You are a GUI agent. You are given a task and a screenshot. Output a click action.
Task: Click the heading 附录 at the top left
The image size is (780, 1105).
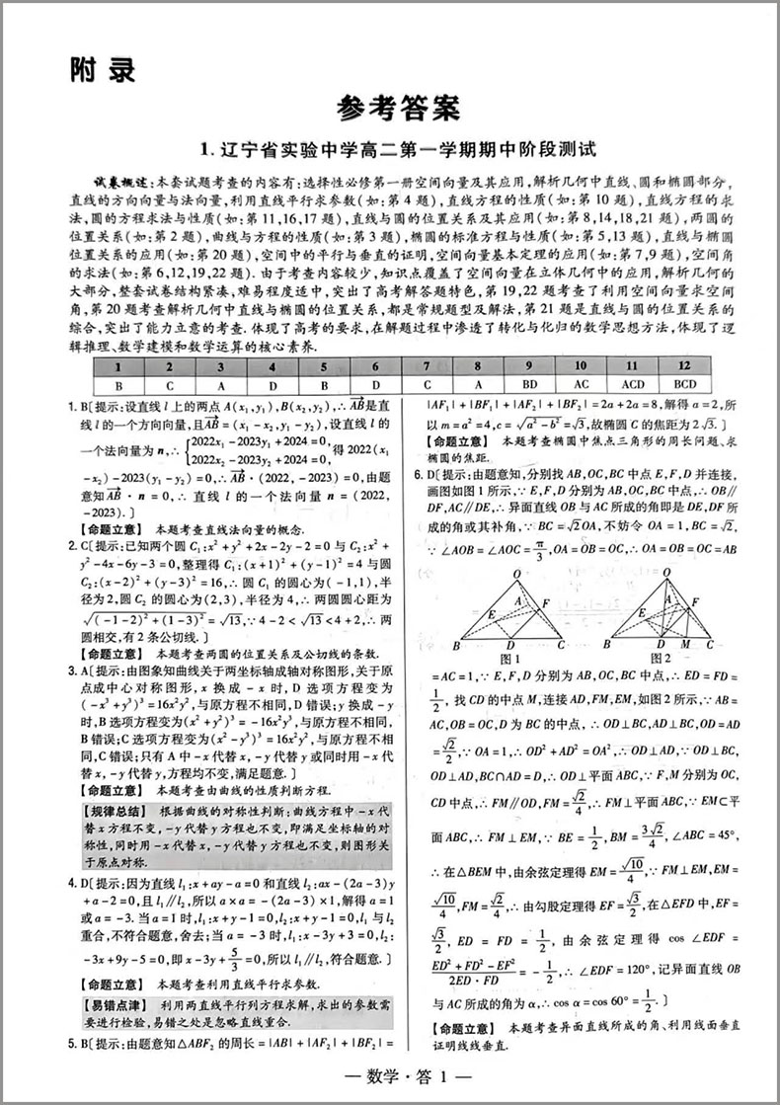(x=102, y=70)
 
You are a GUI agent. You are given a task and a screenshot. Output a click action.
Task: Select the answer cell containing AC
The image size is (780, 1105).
(x=581, y=384)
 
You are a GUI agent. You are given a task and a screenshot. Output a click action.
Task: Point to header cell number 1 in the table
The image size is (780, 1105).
(x=118, y=365)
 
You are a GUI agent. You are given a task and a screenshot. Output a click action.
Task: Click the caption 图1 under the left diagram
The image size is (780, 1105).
(x=510, y=658)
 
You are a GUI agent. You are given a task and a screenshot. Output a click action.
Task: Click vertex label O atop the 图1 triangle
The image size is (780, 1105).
(x=515, y=573)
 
